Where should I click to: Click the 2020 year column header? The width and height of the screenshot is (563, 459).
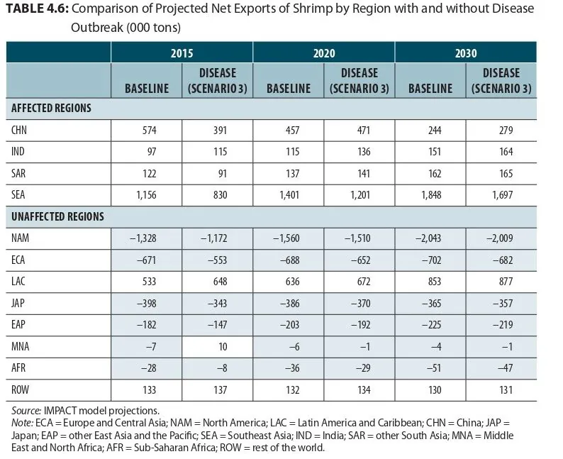(324, 53)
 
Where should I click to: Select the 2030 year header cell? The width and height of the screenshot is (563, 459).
(466, 53)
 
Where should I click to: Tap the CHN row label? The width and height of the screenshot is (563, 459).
(19, 130)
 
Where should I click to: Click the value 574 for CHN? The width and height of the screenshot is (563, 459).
(150, 130)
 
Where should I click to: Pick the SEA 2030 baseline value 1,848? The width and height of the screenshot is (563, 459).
(431, 195)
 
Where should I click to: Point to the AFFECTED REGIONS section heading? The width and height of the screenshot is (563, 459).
(51, 108)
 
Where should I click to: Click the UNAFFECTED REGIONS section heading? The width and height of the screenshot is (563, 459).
(58, 216)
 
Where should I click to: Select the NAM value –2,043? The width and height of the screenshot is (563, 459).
(428, 238)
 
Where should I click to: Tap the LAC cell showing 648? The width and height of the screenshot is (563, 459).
(220, 281)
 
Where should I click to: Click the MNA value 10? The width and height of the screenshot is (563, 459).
(223, 347)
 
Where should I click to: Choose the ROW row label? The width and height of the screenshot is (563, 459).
(20, 389)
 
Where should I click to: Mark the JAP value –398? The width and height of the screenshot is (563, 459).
(147, 304)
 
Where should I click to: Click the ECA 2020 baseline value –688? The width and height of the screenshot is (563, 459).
(289, 260)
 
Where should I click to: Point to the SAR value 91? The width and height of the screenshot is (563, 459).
(223, 174)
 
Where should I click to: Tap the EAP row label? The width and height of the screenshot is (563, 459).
(18, 325)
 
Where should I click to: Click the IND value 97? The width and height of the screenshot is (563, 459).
(152, 152)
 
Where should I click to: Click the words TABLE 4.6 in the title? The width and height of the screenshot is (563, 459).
(38, 9)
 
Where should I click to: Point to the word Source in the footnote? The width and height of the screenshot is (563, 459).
(26, 411)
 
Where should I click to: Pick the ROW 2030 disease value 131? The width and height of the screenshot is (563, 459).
(506, 389)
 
